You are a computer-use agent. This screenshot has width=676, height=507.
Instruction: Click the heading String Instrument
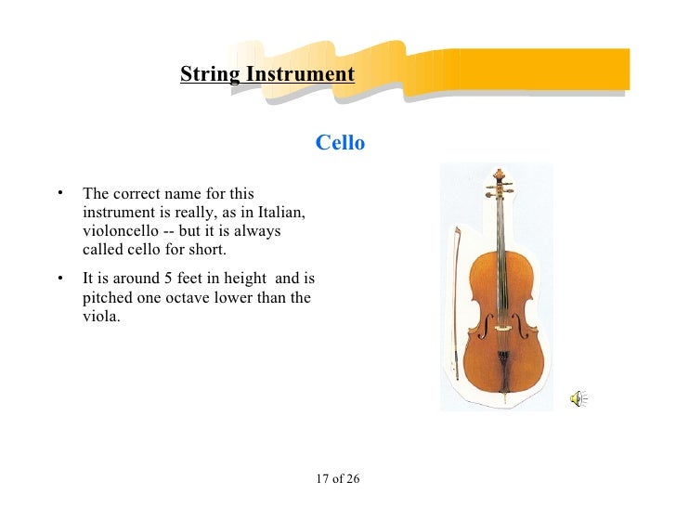pos(267,74)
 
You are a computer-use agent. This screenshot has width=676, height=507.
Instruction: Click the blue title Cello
pos(340,143)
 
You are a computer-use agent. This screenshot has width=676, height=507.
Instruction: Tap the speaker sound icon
pos(578,399)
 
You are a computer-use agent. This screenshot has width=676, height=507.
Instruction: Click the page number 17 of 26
pos(338,479)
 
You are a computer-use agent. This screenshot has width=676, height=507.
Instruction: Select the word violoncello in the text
pos(122,230)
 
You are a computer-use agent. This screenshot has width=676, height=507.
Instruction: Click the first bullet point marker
pos(58,194)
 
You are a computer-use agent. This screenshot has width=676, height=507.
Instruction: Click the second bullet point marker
pos(58,279)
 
